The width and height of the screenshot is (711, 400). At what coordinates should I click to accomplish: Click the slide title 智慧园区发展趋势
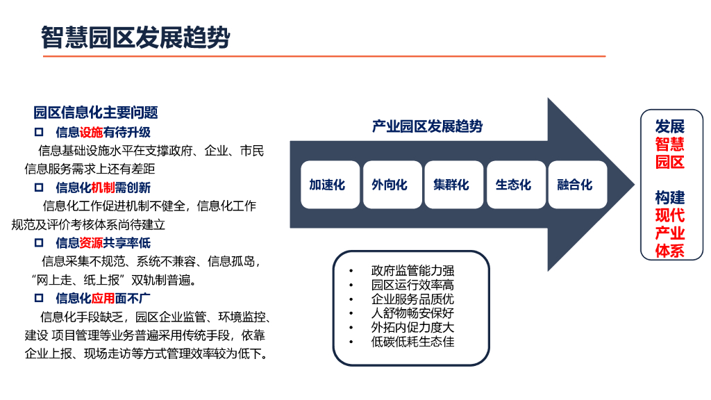(135, 37)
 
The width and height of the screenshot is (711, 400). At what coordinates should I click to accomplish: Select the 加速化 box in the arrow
(327, 185)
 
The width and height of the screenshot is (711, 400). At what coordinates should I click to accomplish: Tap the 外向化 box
(390, 185)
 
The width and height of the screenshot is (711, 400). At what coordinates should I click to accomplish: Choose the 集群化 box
(451, 185)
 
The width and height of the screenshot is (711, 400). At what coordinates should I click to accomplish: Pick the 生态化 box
(513, 185)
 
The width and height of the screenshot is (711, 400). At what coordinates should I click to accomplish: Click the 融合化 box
(575, 185)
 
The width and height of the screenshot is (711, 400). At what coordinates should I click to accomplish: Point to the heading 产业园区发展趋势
(427, 126)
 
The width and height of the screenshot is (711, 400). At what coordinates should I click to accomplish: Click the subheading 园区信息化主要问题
(96, 112)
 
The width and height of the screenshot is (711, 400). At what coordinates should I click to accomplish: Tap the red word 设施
(91, 131)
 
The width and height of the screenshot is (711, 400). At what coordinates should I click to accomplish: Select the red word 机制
(103, 187)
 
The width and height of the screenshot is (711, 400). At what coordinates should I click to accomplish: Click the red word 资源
(91, 243)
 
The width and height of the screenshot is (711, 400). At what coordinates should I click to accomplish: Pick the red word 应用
(103, 299)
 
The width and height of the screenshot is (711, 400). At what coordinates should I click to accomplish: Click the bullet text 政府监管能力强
(412, 271)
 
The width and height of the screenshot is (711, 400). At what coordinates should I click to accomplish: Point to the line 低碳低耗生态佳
(412, 341)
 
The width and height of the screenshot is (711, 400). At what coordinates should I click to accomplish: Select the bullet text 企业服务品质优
(412, 299)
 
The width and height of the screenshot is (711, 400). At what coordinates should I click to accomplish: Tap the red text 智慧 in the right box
(670, 144)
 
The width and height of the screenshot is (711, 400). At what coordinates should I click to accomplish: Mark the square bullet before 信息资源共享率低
(39, 243)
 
